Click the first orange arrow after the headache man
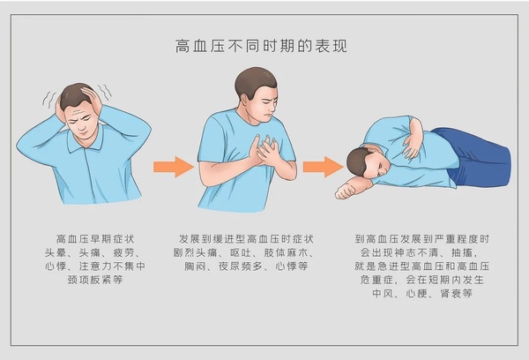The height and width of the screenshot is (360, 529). (173, 166)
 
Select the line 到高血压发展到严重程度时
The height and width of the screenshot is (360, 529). (422, 239)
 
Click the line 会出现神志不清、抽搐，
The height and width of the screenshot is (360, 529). (422, 252)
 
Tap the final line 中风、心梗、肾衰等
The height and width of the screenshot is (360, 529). (422, 294)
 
